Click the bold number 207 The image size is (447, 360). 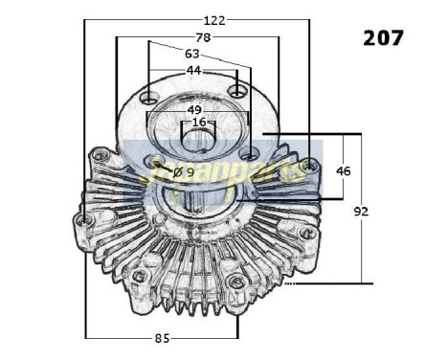(384, 38)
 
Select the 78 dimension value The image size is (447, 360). (202, 36)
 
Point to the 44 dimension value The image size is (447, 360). (193, 71)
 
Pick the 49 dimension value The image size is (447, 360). (195, 109)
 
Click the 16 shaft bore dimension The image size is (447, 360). (198, 123)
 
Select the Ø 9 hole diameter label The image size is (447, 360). (184, 172)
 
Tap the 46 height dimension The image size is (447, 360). (344, 171)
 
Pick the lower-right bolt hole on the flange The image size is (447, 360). (249, 153)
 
